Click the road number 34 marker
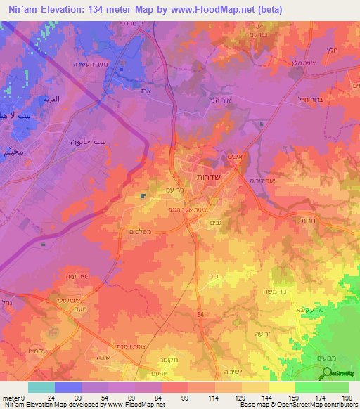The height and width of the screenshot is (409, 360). coord(201,313)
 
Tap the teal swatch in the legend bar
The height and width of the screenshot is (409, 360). coord(41,387)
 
